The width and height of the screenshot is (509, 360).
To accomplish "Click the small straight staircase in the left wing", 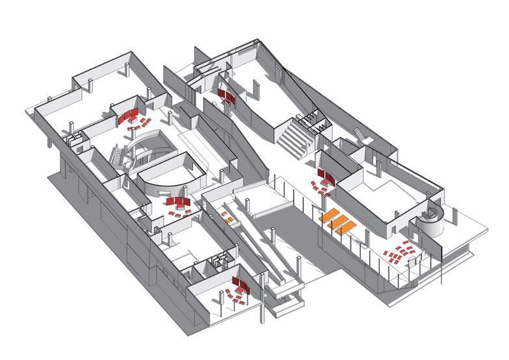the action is pyautogui.click(x=118, y=157).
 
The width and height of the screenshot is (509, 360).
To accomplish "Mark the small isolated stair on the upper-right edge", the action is pyautogui.click(x=359, y=133).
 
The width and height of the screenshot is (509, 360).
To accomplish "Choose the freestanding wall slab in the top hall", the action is pyautogui.click(x=257, y=90).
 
